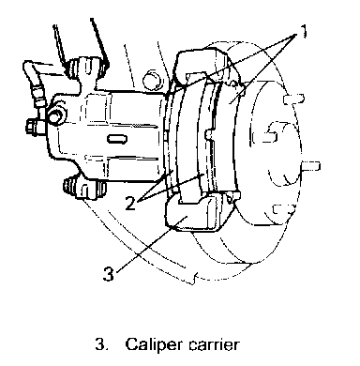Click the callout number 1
click(x=303, y=31)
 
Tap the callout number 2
click(x=131, y=203)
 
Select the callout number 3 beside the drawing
click(x=109, y=273)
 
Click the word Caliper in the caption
click(x=154, y=345)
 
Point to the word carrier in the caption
click(x=214, y=344)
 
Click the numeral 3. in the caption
click(x=102, y=344)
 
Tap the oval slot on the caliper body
click(x=117, y=139)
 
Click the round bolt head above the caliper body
click(x=152, y=80)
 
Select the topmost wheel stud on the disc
click(x=293, y=99)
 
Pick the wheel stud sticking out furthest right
click(x=310, y=166)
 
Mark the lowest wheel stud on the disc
click(x=283, y=209)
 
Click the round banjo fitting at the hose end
click(x=56, y=114)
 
